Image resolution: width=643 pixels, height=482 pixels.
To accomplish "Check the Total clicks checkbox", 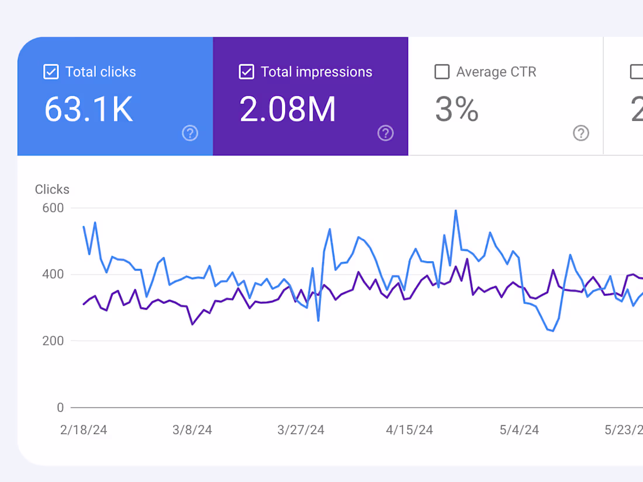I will (x=51, y=72).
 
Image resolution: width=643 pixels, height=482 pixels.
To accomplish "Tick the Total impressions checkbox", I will (x=247, y=72).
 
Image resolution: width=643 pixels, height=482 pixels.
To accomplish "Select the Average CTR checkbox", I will (x=442, y=72).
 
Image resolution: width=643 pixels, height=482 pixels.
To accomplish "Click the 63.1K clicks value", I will (x=89, y=109).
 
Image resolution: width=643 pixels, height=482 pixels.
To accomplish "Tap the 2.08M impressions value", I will (x=288, y=109).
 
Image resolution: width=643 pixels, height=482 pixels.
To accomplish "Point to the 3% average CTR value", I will (x=457, y=109).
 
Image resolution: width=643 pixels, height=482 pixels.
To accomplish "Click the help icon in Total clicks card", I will (x=190, y=133).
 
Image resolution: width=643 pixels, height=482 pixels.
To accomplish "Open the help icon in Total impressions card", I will (x=385, y=133).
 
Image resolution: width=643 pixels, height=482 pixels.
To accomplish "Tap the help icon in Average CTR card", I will (x=580, y=133).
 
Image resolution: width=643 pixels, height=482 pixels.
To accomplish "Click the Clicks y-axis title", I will (x=52, y=189).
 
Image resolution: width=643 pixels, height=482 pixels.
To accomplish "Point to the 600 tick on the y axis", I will (x=52, y=208).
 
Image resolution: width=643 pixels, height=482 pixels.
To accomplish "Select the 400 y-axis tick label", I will (x=52, y=275).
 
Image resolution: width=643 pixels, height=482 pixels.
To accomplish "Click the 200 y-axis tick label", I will (x=52, y=341).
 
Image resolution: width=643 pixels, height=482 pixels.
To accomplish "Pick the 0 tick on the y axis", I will (x=60, y=407).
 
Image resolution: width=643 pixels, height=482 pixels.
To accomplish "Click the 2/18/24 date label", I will (x=84, y=430).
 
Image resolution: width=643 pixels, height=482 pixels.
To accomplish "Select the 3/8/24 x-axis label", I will (x=192, y=430).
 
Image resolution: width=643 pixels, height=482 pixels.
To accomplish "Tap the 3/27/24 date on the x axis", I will (x=300, y=430).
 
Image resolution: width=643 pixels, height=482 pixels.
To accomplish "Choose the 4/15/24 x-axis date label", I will (x=409, y=430).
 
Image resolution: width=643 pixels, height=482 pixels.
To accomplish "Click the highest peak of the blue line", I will (x=456, y=211).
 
